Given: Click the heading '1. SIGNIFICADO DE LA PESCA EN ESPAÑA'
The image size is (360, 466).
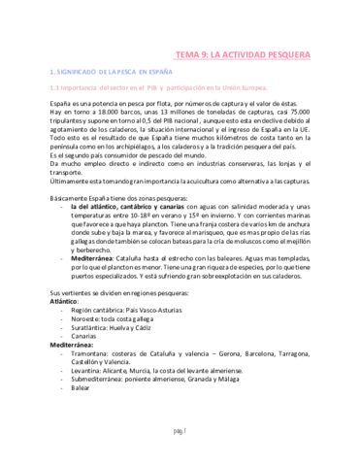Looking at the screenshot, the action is coord(112,73).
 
